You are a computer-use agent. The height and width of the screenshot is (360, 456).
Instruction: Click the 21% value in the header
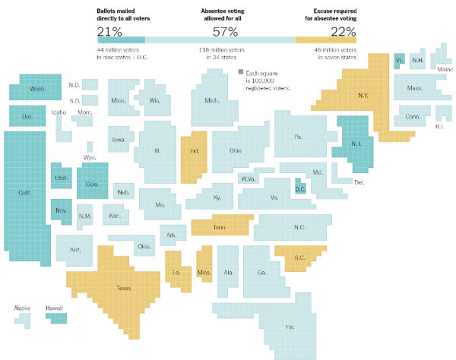point(109,31)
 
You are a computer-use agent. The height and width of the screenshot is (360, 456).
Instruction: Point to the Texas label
point(123,288)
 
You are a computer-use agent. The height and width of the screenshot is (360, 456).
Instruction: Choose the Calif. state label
point(25,192)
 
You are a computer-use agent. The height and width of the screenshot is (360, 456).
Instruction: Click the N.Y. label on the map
point(363,96)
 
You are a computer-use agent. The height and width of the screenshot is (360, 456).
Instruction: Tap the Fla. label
point(290,326)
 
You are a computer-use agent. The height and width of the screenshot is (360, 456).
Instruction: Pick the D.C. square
point(299,188)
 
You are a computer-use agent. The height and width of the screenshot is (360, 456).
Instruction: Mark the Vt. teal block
point(400,60)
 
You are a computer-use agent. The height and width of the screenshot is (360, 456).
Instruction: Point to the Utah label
point(61,178)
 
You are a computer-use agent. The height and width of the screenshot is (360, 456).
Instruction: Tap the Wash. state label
point(37,90)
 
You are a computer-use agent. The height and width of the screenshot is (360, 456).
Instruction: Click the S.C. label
point(299,257)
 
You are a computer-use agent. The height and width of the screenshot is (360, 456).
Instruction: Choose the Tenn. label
point(220,227)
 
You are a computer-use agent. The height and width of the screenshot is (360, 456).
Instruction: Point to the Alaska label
point(22,308)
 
